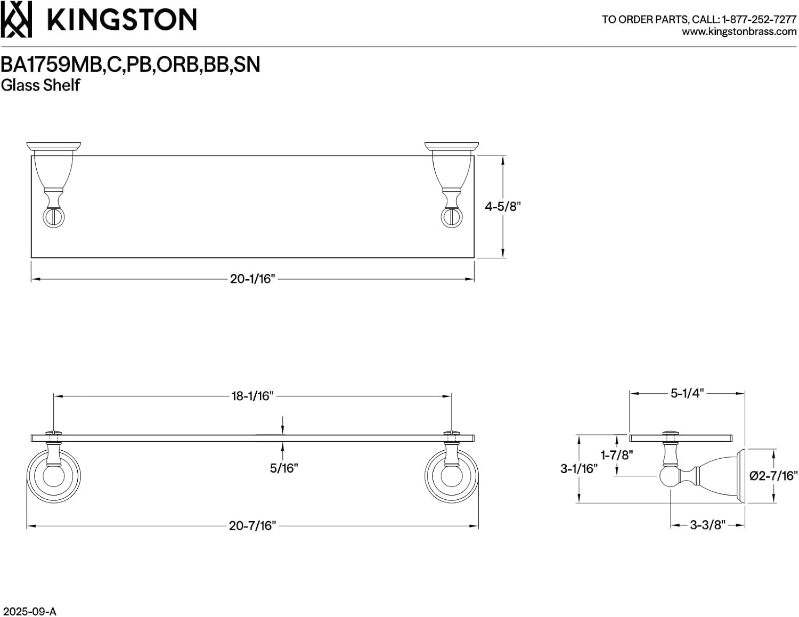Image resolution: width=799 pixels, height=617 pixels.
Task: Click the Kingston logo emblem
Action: [x=16, y=19]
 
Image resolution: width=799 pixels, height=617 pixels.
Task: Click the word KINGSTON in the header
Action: [x=122, y=20]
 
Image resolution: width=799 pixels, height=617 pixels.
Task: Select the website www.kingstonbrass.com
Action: [x=739, y=32]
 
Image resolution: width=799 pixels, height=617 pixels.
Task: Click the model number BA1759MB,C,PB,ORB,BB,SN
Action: [x=131, y=64]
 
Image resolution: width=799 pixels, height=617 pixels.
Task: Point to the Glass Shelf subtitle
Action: [x=40, y=85]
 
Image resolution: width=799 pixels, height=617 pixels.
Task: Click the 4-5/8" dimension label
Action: [x=502, y=207]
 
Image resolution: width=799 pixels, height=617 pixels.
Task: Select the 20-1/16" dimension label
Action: [x=252, y=279]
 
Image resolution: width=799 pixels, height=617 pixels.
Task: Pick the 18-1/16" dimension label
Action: [x=252, y=396]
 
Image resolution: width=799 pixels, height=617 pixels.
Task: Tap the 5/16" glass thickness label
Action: [x=283, y=468]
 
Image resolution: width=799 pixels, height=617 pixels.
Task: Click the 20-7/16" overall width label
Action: [x=252, y=526]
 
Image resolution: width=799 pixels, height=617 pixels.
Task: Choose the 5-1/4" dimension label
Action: [x=687, y=393]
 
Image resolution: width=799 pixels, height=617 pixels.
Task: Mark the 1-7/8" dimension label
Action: [x=616, y=455]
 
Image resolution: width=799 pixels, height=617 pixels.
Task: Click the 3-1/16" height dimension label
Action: [x=578, y=469]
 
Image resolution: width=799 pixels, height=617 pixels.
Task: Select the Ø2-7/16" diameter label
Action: [x=773, y=476]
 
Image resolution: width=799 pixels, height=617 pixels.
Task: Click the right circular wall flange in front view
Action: [x=451, y=476]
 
